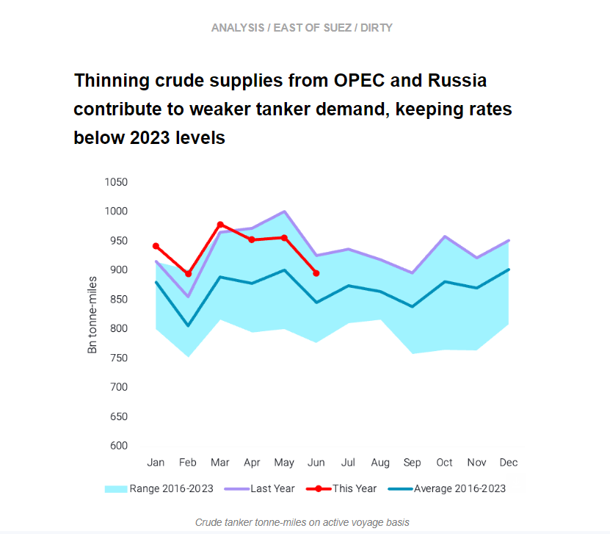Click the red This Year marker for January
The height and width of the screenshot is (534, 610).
coord(156,246)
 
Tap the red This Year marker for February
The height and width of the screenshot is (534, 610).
coord(188,274)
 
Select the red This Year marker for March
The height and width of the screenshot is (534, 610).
coord(220,224)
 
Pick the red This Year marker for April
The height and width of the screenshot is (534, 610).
coord(252,239)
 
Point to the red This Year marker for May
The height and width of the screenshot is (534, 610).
coord(284,237)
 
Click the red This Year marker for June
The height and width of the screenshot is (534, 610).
coord(316,273)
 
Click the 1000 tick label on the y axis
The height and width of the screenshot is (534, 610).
coord(115,212)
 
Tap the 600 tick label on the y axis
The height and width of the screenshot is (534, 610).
coord(117,446)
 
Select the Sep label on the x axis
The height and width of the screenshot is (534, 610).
coord(413,463)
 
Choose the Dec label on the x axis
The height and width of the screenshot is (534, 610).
coord(509,463)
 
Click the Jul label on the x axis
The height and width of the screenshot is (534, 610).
coord(348,463)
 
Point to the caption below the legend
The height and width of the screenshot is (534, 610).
coord(302,522)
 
